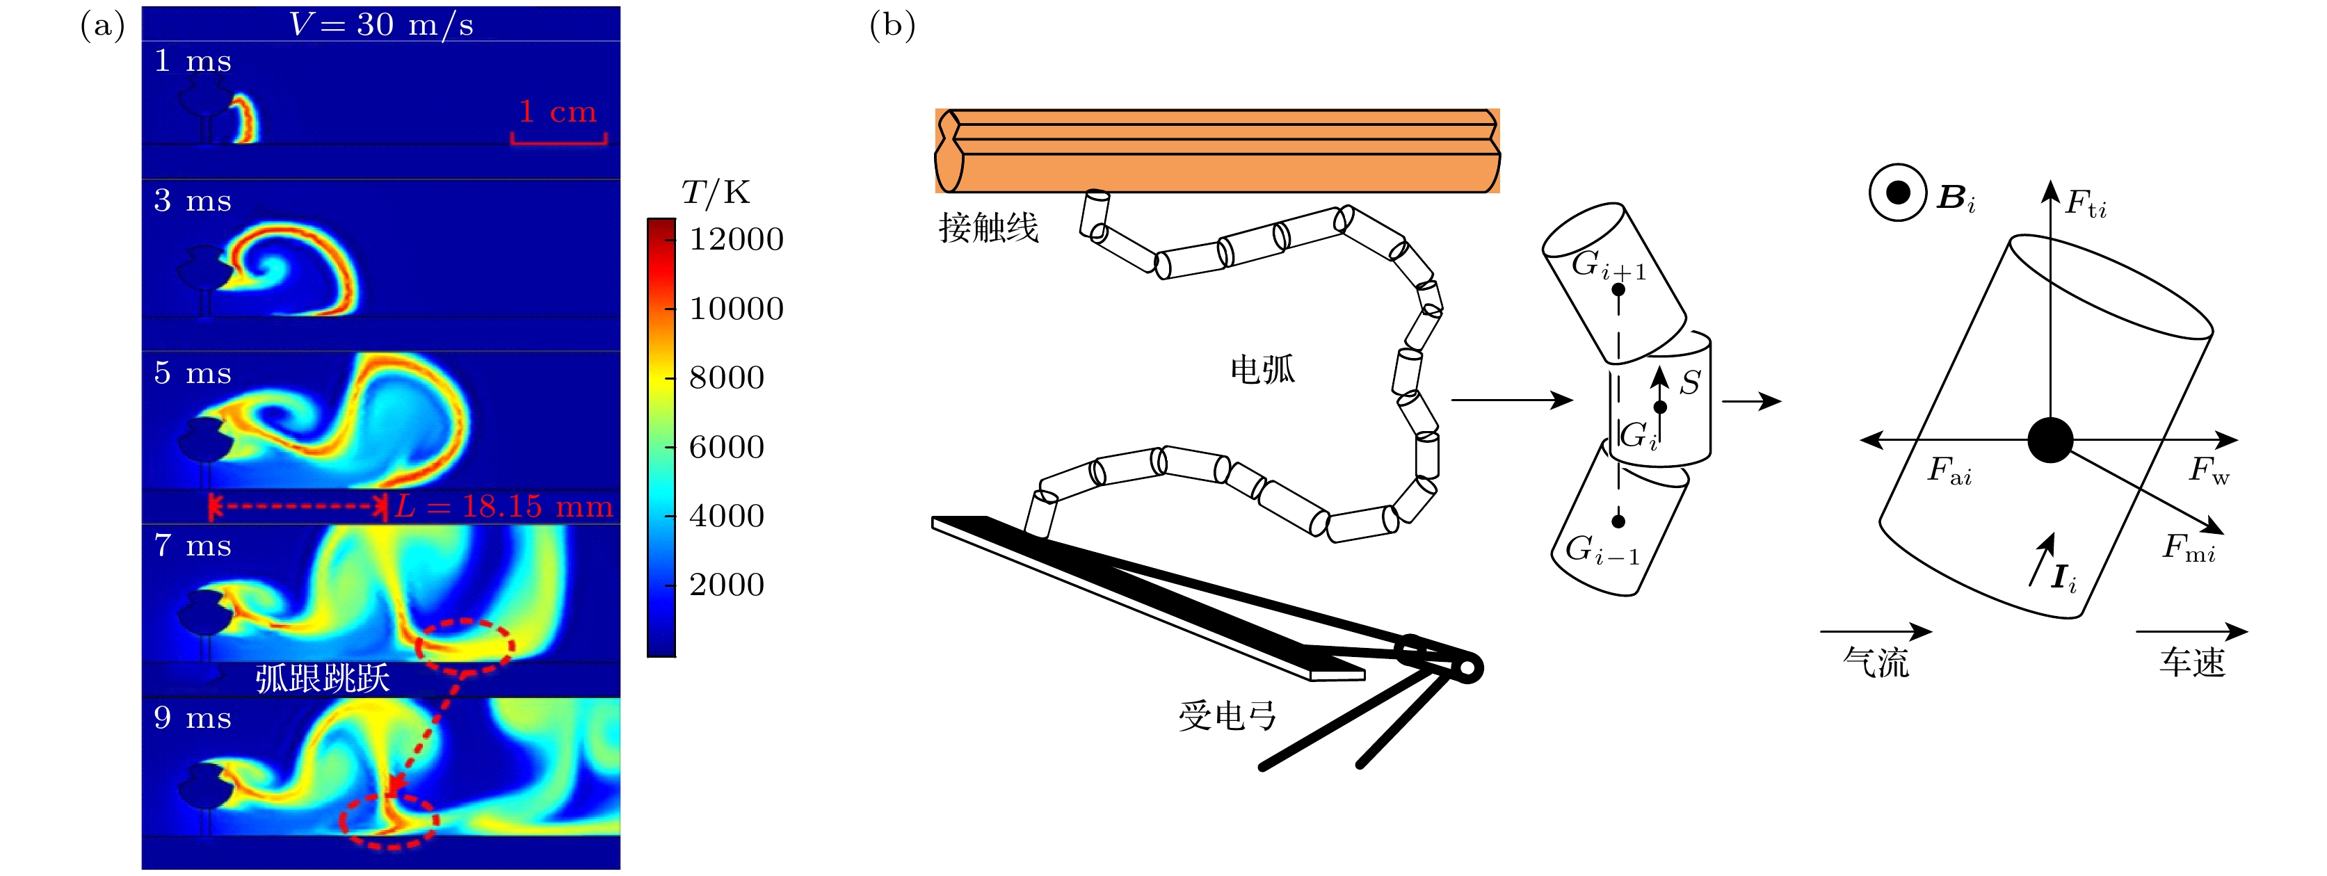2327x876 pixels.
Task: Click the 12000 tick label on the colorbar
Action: click(x=735, y=239)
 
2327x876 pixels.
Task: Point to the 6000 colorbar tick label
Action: click(x=726, y=447)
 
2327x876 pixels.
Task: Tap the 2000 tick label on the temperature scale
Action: click(x=726, y=585)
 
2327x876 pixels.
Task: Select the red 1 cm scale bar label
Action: click(x=557, y=112)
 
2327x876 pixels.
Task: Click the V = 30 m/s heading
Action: click(x=380, y=24)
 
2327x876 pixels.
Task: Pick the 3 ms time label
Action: click(x=193, y=200)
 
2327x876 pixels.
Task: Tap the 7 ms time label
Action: click(x=193, y=546)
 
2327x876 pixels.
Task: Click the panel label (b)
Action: click(x=892, y=25)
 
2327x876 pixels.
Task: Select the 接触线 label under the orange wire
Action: click(x=988, y=227)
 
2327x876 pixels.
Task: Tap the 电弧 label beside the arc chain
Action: click(x=1262, y=369)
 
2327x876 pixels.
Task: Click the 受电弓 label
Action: click(x=1227, y=716)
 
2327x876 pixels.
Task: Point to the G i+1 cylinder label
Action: click(x=1608, y=266)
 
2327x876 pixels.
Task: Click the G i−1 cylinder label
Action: click(x=1602, y=550)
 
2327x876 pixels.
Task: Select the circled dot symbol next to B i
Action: click(x=1898, y=193)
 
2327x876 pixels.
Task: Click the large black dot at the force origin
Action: click(x=2050, y=441)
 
